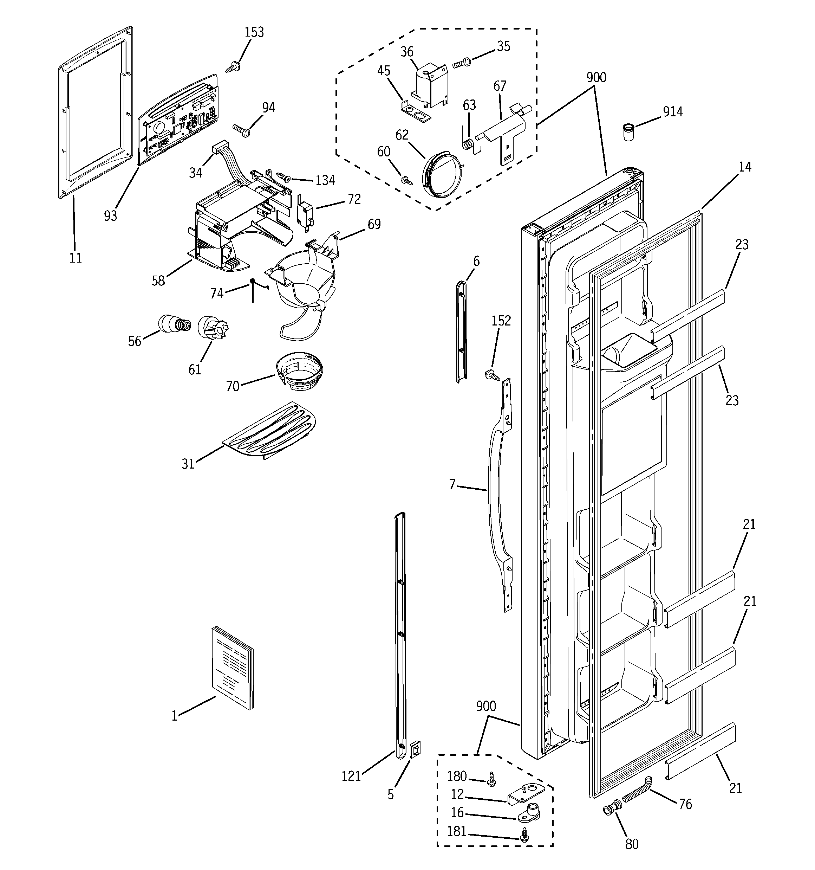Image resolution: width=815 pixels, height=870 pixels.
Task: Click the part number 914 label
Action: tap(672, 112)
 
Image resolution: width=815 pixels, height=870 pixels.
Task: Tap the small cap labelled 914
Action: tap(629, 132)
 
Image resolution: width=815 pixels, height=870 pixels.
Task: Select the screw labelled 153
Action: tap(232, 67)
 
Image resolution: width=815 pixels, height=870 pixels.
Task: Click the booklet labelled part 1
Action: tap(232, 668)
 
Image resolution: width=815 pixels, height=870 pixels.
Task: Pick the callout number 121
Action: tap(351, 776)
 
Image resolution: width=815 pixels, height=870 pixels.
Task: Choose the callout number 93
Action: tap(111, 215)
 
